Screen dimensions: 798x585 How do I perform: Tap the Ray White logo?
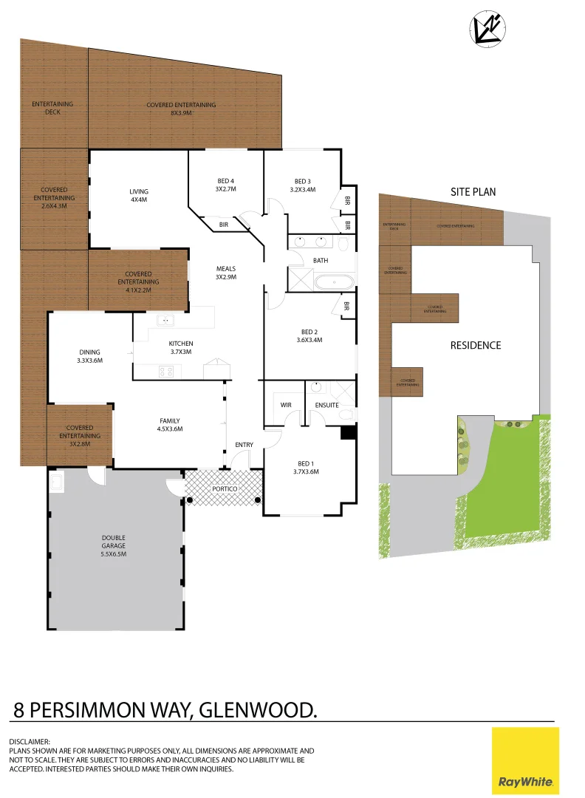pos(525,761)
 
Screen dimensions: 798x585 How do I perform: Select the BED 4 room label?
pos(225,185)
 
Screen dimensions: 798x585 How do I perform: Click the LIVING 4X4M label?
pos(139,196)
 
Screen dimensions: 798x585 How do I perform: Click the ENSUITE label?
pos(326,405)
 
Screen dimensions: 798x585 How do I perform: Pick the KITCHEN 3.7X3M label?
pos(180,347)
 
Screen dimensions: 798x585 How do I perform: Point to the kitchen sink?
pos(165,320)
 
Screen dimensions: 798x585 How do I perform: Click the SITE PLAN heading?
pos(473,191)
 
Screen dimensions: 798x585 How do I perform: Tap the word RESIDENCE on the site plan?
pos(476,345)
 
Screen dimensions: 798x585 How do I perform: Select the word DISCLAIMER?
pos(30,741)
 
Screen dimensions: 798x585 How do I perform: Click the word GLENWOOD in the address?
pos(259,710)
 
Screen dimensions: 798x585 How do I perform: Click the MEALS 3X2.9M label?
pos(225,273)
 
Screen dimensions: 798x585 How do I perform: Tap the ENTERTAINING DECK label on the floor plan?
pos(52,108)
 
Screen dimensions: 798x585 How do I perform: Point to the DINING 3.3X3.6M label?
pos(89,356)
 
